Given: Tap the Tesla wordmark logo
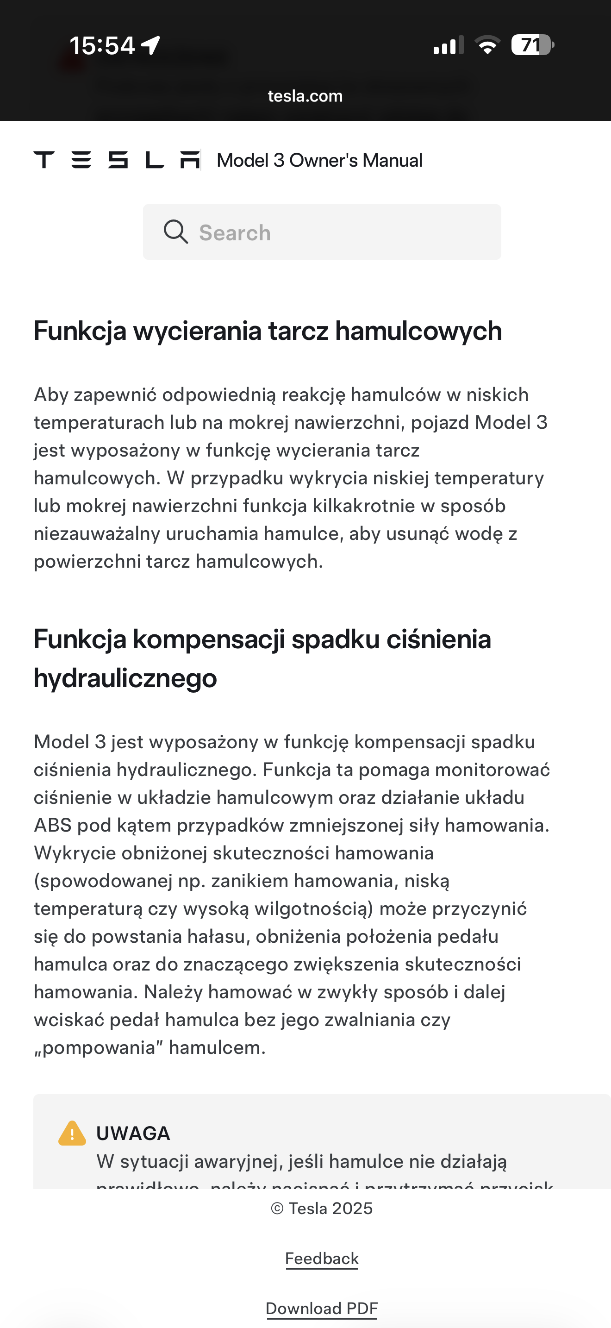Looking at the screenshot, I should [117, 160].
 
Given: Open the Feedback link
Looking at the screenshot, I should [322, 1259].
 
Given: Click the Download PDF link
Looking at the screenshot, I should [322, 1308].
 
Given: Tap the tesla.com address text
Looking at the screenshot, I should [305, 96].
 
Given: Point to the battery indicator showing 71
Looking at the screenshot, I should [532, 45].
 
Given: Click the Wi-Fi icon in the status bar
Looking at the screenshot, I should [487, 45].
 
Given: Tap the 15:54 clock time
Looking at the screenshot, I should [102, 45].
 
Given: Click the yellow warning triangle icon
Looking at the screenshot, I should [72, 1134].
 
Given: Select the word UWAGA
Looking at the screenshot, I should [133, 1133].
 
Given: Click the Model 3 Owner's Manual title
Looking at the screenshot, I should [319, 160].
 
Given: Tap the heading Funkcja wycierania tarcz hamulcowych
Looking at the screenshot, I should [268, 331].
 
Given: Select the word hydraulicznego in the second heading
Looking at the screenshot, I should [125, 678].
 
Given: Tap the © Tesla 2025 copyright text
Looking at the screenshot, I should [322, 1209].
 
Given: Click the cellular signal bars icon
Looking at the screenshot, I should [448, 45].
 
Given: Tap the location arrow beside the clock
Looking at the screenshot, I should [150, 45].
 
